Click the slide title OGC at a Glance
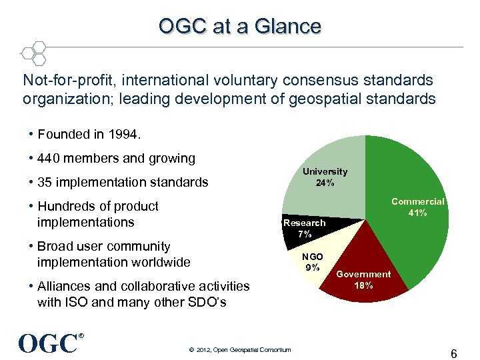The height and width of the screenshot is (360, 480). pyautogui.click(x=240, y=26)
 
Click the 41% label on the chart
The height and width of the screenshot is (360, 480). pyautogui.click(x=417, y=213)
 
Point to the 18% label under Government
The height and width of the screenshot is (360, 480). pyautogui.click(x=363, y=285)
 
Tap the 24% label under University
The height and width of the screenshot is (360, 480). pyautogui.click(x=325, y=183)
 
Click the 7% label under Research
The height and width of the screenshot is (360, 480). pyautogui.click(x=305, y=234)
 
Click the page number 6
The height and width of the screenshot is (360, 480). pyautogui.click(x=453, y=354)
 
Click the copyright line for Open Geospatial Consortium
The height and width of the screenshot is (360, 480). pyautogui.click(x=240, y=350)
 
